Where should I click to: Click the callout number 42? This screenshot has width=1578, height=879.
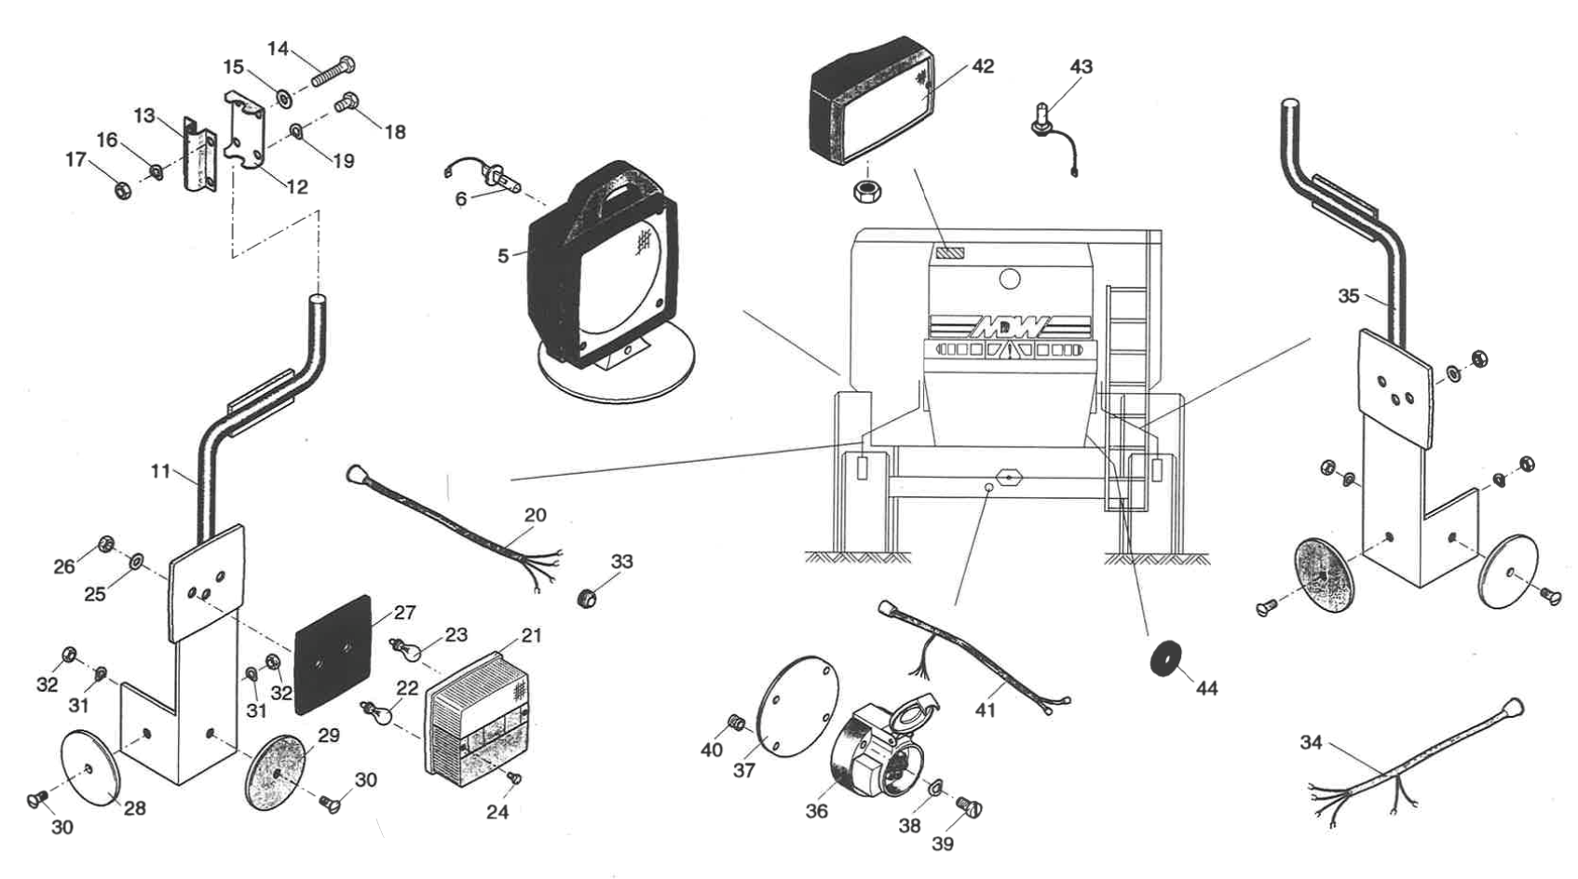click(x=982, y=66)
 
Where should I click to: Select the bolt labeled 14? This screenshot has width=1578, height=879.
click(x=332, y=71)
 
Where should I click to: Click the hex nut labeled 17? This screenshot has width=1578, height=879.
click(x=121, y=189)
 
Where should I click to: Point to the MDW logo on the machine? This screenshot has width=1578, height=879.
click(x=1010, y=327)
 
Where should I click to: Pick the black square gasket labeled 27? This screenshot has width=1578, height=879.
click(x=333, y=655)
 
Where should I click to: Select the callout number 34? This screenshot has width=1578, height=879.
click(x=1311, y=742)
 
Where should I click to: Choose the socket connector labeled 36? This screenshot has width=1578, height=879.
click(x=876, y=760)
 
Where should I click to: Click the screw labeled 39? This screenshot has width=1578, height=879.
click(x=968, y=807)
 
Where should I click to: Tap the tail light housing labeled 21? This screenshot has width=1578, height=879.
click(x=476, y=718)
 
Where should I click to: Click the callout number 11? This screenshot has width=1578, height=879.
click(x=160, y=471)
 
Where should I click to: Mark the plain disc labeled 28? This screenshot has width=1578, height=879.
click(x=88, y=765)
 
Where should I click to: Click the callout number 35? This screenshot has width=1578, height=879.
click(x=1348, y=296)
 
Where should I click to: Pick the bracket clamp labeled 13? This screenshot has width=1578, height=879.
click(x=198, y=154)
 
